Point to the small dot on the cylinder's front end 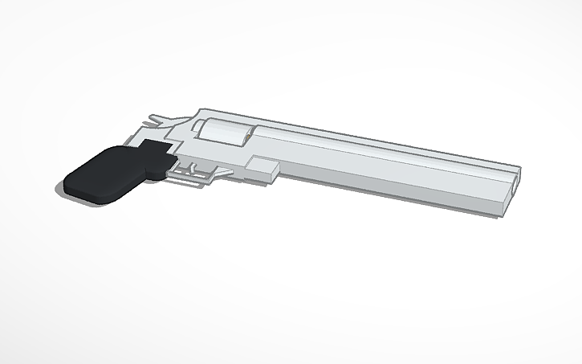pos(250,138)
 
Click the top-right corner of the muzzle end pos(519,170)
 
